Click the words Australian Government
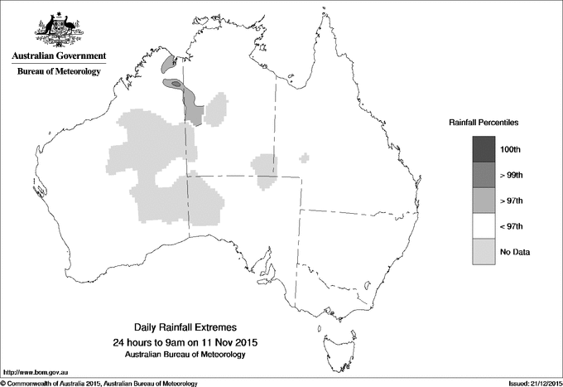click(x=58, y=56)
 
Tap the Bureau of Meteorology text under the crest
click(x=58, y=72)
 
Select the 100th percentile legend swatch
click(x=485, y=149)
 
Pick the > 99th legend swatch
click(x=485, y=175)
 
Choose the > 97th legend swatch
click(x=485, y=201)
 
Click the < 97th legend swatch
click(x=485, y=226)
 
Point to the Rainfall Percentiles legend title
click(x=484, y=122)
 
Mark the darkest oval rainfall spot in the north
click(x=176, y=84)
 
